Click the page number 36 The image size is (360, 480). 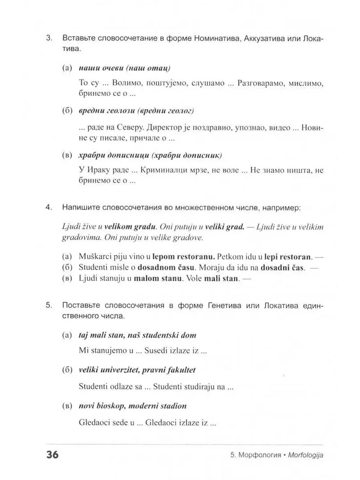click(52, 455)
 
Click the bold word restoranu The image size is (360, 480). click(190, 255)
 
